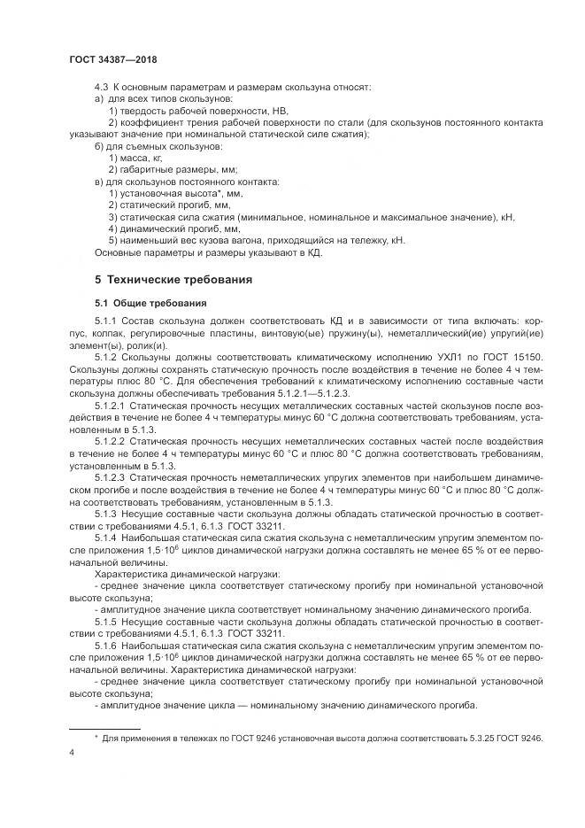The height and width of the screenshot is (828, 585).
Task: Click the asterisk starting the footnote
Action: coord(96,736)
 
